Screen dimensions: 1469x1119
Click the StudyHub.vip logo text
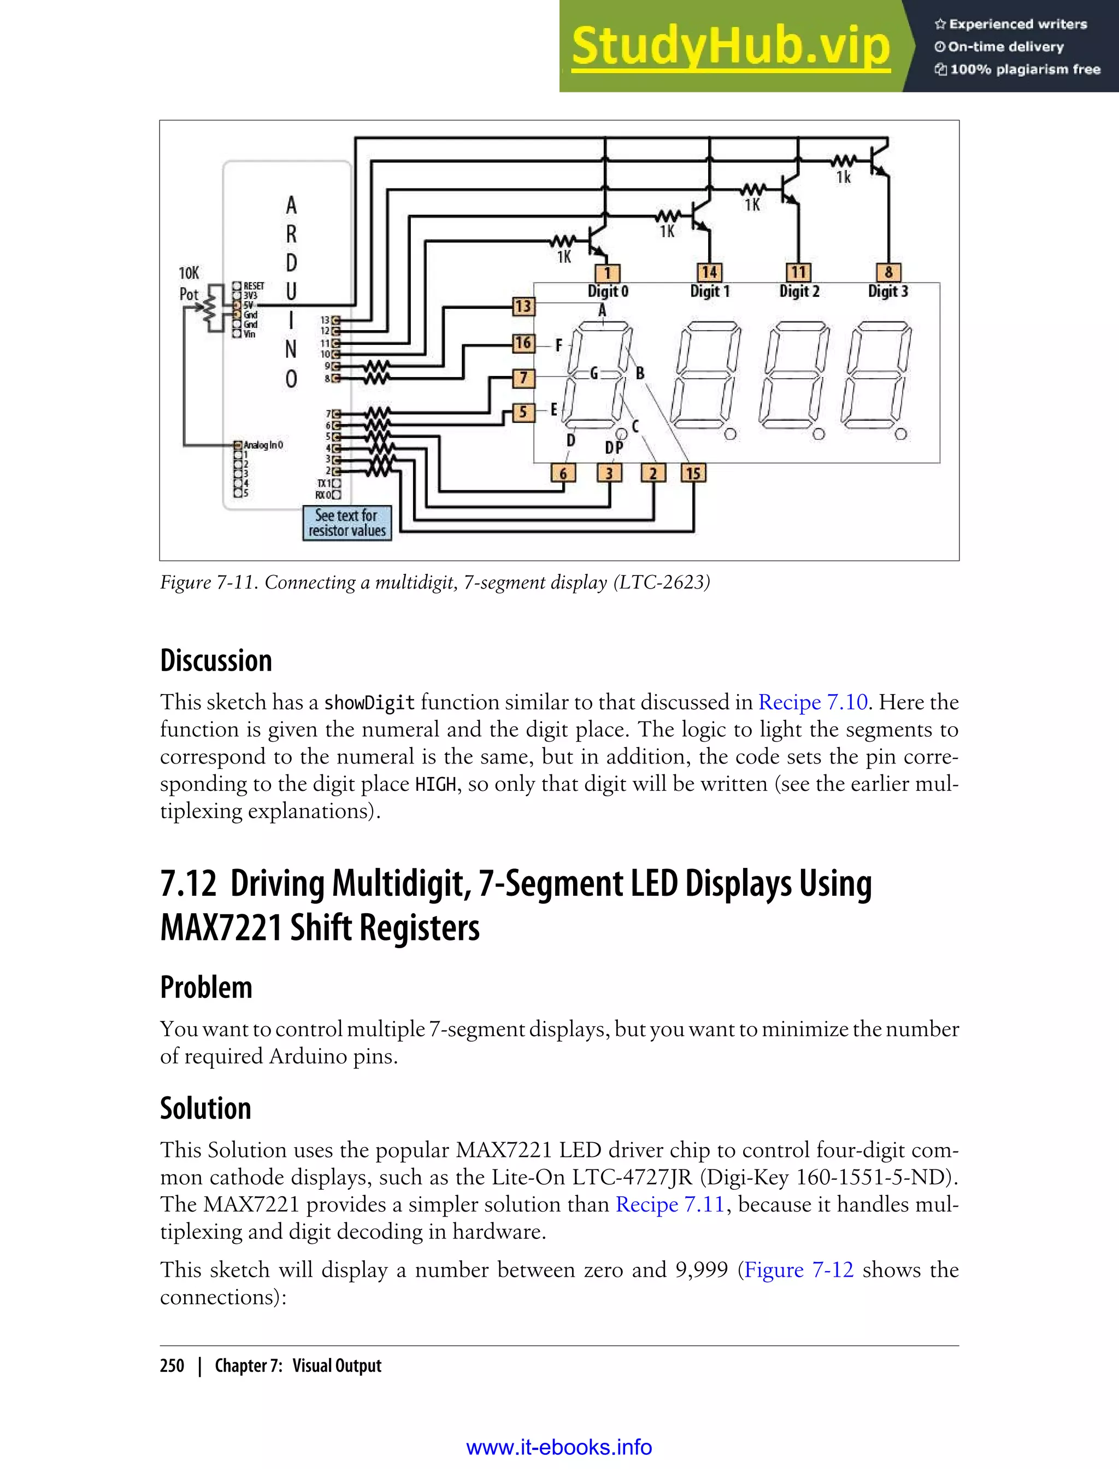click(x=731, y=46)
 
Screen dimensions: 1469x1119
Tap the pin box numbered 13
click(x=523, y=307)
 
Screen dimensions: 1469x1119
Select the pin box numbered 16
click(x=523, y=343)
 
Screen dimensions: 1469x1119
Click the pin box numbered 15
click(x=693, y=473)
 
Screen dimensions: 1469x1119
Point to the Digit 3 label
click(x=887, y=291)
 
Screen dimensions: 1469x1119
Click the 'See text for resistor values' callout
click(x=347, y=523)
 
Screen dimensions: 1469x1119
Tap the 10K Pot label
click(x=189, y=283)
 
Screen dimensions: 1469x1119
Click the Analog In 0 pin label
click(x=263, y=444)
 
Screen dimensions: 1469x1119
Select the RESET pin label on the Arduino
click(x=254, y=286)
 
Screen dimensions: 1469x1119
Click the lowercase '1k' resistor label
click(x=843, y=177)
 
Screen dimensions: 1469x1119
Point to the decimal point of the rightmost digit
click(x=900, y=434)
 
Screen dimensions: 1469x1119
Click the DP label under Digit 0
click(x=614, y=448)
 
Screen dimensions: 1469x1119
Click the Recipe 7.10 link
click(x=812, y=702)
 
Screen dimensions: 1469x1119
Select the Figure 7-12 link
click(x=799, y=1270)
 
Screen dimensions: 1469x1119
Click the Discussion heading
click(x=216, y=660)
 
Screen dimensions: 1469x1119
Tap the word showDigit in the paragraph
click(x=369, y=703)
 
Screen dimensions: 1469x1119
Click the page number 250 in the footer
click(x=172, y=1366)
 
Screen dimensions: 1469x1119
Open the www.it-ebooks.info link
click(x=559, y=1448)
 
